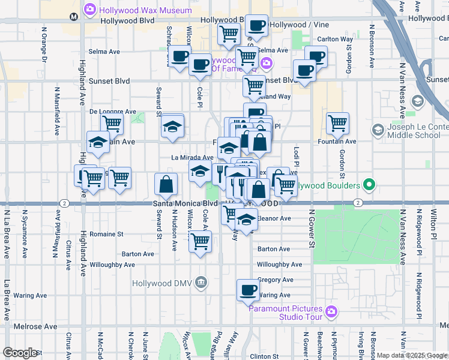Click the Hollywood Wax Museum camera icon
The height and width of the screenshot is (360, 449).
coord(90,9)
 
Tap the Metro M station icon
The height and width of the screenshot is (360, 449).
coord(73,17)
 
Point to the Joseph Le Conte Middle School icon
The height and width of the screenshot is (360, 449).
coord(378,130)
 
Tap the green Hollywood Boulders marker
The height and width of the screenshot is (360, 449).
coord(371,185)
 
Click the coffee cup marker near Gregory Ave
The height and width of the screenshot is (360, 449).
coord(247,290)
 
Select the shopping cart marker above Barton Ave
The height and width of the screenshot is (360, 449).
coord(200,242)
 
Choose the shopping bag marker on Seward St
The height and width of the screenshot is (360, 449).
coord(166,185)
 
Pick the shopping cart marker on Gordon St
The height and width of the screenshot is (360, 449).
coord(338,123)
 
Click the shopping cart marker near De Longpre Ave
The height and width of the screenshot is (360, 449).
coord(112,124)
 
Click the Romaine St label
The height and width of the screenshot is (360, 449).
coord(106,233)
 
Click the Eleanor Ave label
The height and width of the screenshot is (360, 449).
coord(274,218)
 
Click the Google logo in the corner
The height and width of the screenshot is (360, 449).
coord(20,353)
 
